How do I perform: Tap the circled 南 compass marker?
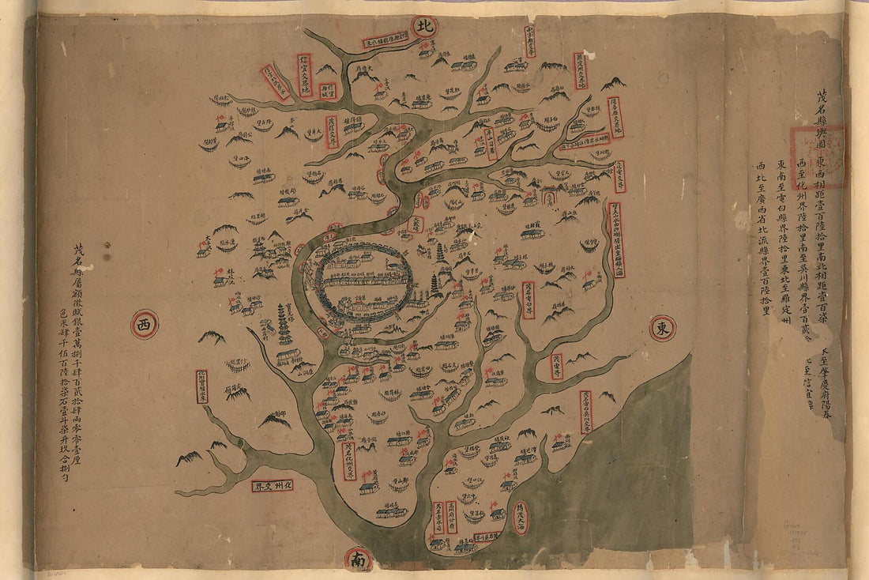pos(358,559)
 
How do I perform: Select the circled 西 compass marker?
pos(144,324)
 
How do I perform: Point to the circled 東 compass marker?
pos(662,328)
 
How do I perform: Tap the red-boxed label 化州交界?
pos(273,485)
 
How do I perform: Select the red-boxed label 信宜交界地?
pos(304,75)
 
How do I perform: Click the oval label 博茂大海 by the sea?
pos(520,518)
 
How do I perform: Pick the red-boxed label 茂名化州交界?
pos(348,461)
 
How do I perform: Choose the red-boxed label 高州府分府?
pos(453,515)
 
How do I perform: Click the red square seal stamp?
pos(818,157)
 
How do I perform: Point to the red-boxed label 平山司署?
pos(491,145)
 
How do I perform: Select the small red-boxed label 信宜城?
pos(327,91)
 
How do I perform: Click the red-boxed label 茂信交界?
pos(332,131)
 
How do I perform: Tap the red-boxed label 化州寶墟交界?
pos(201,386)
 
